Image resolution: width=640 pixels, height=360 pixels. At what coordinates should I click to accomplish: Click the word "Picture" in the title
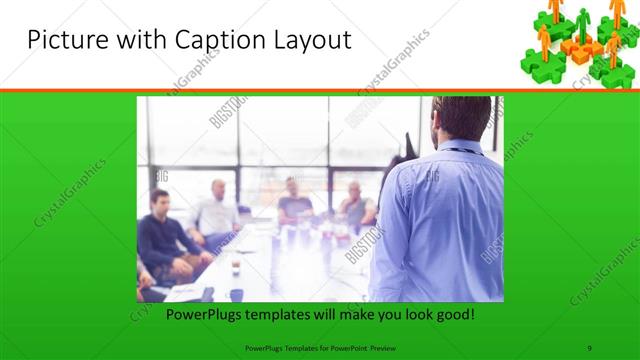[x=64, y=41]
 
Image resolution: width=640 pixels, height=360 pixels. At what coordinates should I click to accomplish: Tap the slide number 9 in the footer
[x=590, y=346]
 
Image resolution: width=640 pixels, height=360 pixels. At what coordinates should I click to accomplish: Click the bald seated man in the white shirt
[x=217, y=210]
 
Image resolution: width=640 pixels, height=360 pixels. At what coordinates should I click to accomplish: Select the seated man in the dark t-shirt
[x=296, y=200]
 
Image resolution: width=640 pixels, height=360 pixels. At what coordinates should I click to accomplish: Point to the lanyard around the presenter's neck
[x=460, y=151]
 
